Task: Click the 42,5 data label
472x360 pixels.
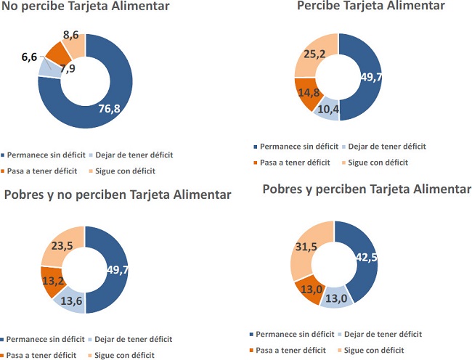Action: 367,256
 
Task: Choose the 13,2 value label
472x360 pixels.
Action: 52,279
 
